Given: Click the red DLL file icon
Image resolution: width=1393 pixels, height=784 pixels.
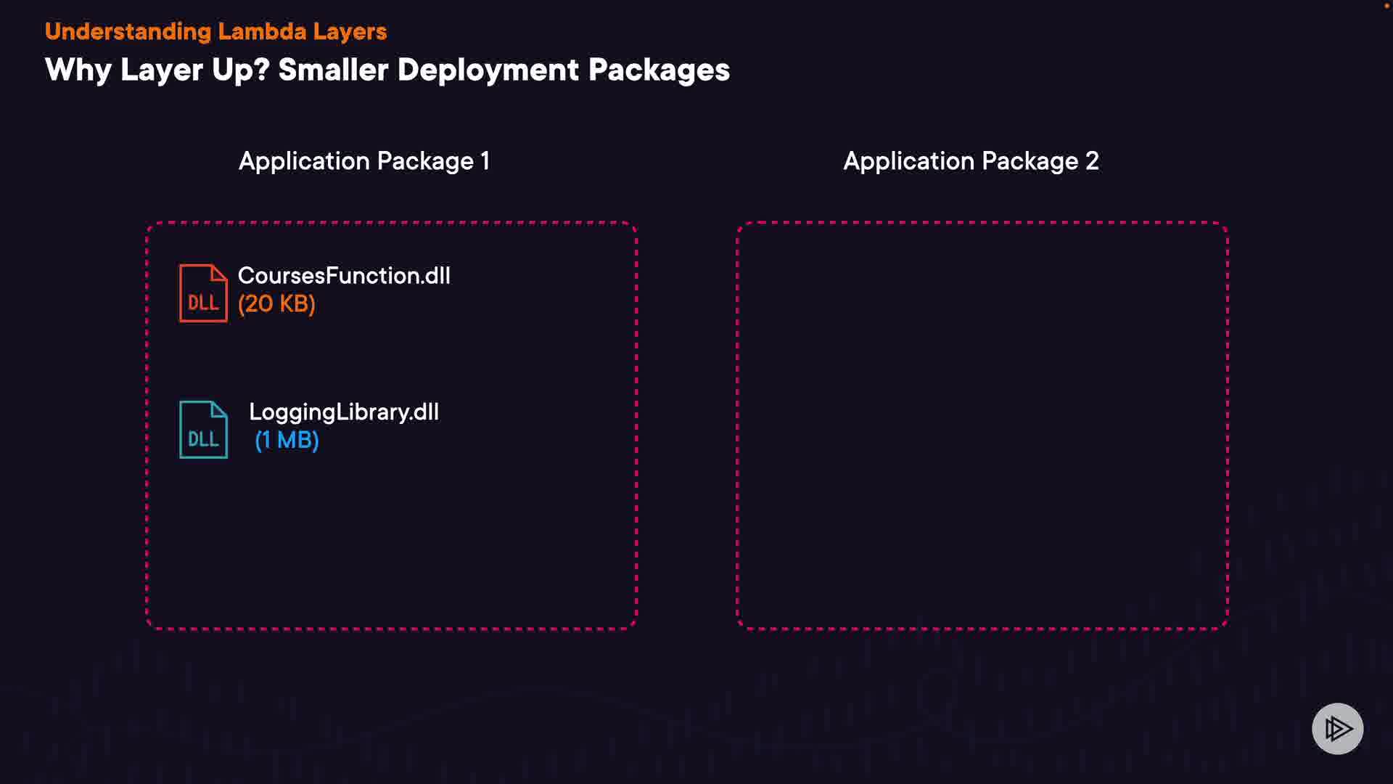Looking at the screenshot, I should click(203, 293).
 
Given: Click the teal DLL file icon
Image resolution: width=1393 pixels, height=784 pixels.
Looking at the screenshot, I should click(203, 430).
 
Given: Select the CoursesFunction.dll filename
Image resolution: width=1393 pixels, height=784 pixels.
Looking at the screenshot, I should click(344, 276).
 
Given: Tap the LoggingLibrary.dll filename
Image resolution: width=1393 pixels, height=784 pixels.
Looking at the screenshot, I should click(344, 412).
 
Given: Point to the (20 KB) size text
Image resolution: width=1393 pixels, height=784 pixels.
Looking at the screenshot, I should click(276, 304).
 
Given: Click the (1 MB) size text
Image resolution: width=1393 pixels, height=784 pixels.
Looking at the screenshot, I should click(287, 441).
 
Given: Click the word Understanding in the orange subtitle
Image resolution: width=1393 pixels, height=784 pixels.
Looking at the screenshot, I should click(128, 32).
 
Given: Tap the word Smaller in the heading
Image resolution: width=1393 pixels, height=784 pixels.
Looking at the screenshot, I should click(334, 70).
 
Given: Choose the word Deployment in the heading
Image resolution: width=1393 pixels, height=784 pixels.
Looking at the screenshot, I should click(488, 70).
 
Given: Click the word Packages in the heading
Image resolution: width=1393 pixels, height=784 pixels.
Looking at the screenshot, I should click(659, 70).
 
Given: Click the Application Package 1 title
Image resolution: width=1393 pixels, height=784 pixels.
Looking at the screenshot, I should click(364, 161).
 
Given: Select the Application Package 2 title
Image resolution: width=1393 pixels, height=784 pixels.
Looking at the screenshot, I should click(971, 161).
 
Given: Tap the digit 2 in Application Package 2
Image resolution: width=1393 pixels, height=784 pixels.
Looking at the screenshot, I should click(1092, 161).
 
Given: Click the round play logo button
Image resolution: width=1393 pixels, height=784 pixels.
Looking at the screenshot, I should click(1337, 729).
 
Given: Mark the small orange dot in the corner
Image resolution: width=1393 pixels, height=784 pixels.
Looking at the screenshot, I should click(1386, 6).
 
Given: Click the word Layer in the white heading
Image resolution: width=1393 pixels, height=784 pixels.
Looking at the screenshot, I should click(162, 70).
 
